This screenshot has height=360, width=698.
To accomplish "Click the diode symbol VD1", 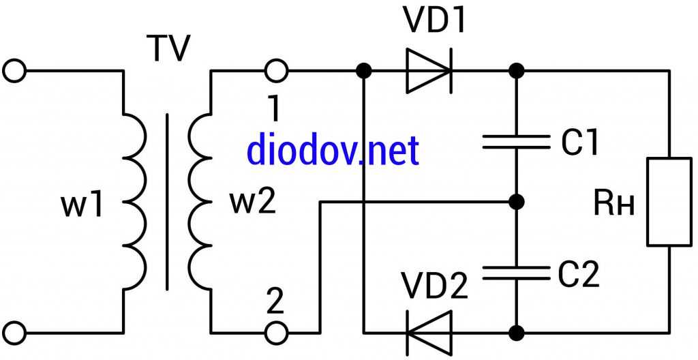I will point(429,70).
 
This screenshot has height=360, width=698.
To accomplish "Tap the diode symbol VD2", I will point(429,333).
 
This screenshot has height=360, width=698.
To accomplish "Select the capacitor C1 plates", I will point(516,142).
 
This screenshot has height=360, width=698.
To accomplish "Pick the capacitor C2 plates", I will point(516,273).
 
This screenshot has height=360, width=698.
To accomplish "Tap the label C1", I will point(580,142).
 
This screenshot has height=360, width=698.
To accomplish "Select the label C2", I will point(579,273).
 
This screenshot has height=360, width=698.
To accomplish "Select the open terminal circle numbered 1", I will point(277,70).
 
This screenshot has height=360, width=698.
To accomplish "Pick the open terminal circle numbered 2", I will point(277,333).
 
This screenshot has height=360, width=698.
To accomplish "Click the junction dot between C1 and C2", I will point(517,202).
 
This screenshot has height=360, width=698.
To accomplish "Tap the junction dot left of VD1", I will point(365,70).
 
